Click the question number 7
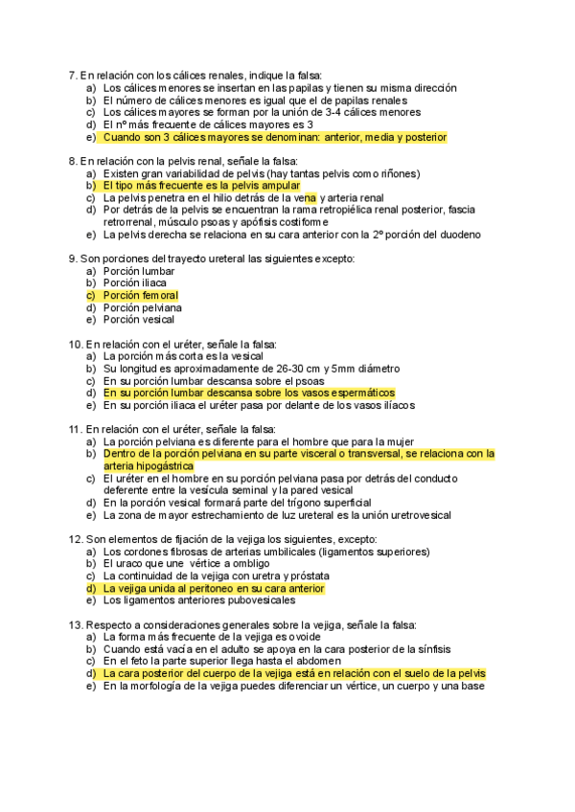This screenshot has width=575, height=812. coord(73,75)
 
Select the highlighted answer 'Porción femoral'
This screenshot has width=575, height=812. coord(140,296)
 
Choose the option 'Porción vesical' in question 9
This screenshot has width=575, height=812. coord(138,320)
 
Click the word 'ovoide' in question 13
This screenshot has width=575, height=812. coord(300,637)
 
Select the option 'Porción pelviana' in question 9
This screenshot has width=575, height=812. coord(142,308)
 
